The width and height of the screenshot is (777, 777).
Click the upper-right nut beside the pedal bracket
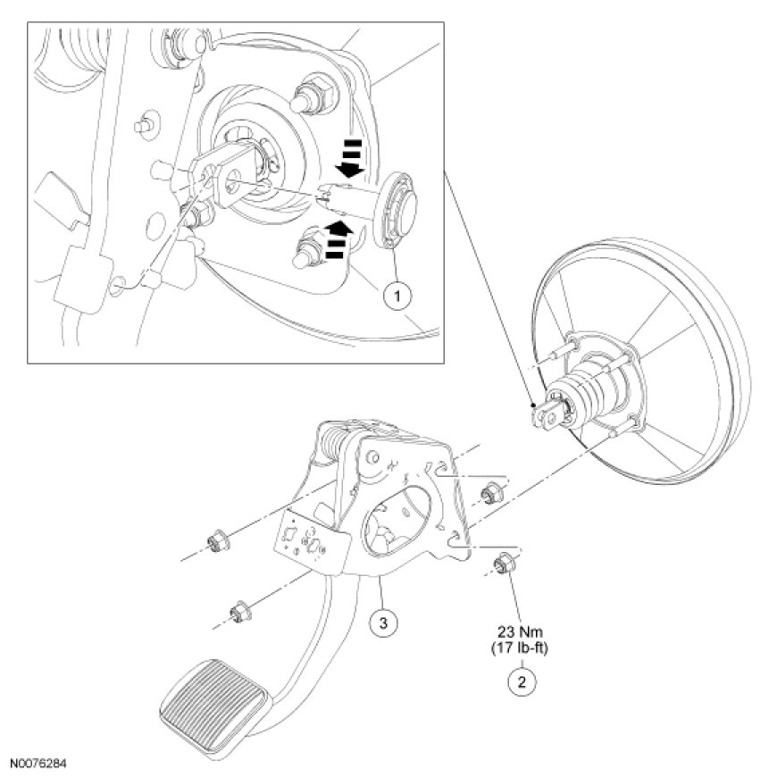[x=489, y=493]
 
